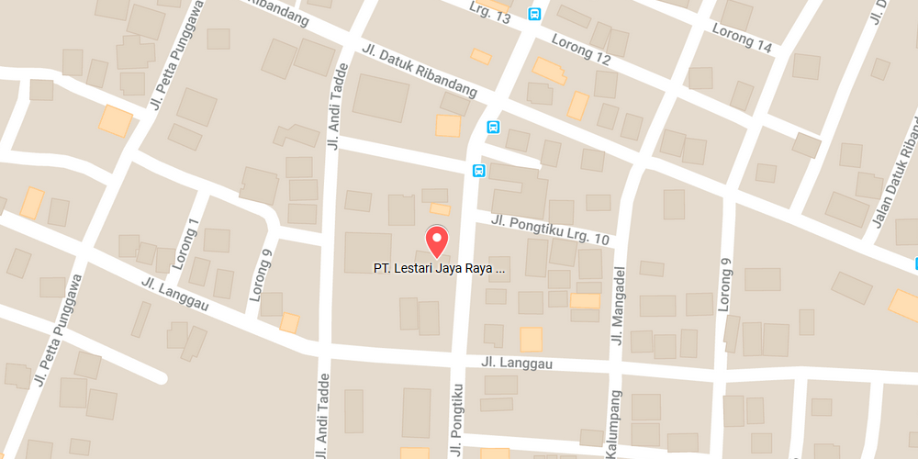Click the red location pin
437,241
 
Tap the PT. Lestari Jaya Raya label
439,270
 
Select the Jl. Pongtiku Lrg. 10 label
550,229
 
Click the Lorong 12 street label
581,49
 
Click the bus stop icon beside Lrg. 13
534,14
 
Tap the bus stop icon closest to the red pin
478,171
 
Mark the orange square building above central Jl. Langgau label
531,339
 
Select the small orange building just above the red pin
441,209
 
